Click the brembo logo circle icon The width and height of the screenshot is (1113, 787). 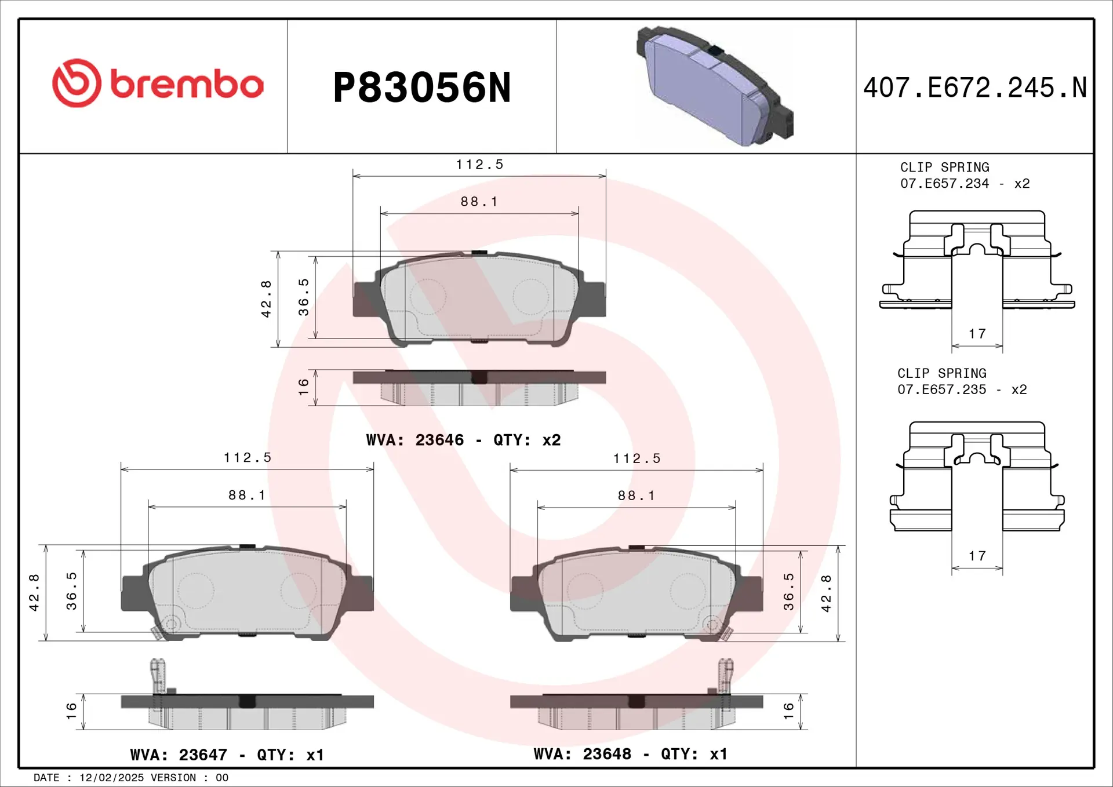tap(77, 83)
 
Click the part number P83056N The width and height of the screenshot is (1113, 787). tap(422, 88)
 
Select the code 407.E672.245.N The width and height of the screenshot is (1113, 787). tap(974, 88)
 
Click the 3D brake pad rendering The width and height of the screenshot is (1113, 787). tap(714, 86)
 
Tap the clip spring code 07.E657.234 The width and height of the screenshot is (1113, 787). tap(944, 184)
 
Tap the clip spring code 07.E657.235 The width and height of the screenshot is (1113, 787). tap(941, 390)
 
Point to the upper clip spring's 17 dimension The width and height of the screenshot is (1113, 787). tap(977, 334)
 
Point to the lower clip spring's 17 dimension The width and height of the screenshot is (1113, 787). tap(977, 556)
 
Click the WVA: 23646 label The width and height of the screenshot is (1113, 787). tap(414, 440)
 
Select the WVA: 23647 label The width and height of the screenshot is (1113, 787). tap(179, 755)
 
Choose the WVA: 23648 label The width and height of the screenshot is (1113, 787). tap(582, 753)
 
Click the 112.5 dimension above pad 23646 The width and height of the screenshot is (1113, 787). tap(479, 165)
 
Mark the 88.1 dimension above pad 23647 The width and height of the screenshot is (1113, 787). tap(247, 495)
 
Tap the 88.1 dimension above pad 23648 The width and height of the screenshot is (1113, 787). tap(636, 495)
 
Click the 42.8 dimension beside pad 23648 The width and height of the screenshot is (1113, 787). tap(826, 593)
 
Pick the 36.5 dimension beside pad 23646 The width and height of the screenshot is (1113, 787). tap(303, 297)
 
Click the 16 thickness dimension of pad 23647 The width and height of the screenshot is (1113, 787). tap(71, 711)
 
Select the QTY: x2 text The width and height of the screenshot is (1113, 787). tap(527, 440)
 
